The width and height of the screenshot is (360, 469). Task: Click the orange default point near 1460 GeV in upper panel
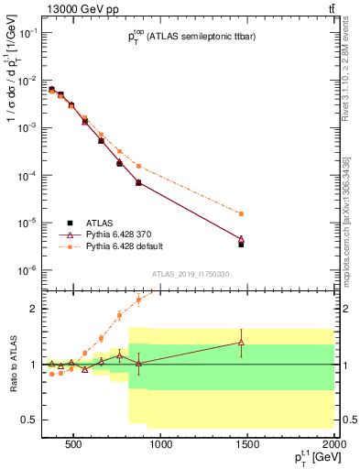coord(241,213)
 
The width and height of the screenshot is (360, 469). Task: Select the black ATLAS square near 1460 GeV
coord(241,245)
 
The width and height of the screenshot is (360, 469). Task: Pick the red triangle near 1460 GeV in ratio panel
coord(241,343)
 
